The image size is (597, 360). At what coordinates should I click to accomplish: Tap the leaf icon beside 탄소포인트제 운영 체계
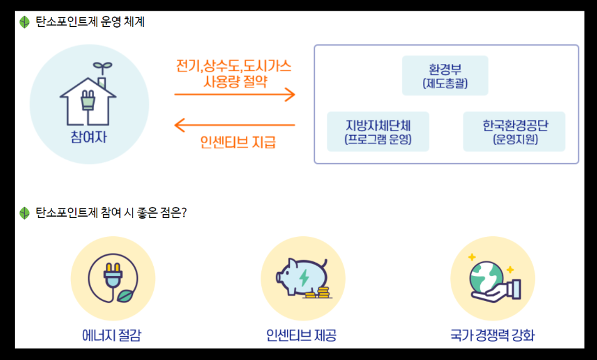(24, 23)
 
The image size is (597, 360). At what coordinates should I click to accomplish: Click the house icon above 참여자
(88, 94)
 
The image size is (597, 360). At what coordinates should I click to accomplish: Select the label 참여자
(89, 136)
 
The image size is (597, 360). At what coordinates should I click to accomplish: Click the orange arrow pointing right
(234, 95)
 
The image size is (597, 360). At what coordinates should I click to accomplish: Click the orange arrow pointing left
(234, 126)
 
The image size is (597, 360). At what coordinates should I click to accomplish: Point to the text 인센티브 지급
(238, 142)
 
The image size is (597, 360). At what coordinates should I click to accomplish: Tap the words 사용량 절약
(235, 81)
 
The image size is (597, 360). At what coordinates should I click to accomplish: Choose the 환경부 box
(445, 75)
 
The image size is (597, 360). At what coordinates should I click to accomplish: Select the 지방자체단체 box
(378, 131)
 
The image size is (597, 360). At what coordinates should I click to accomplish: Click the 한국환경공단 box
(514, 131)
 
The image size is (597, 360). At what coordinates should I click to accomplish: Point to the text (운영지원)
(515, 139)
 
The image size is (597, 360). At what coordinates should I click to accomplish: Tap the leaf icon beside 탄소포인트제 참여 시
(24, 213)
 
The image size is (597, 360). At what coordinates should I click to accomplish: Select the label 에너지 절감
(112, 335)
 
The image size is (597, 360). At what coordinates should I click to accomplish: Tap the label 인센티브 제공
(301, 335)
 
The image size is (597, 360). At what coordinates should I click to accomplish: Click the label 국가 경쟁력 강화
(492, 335)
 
